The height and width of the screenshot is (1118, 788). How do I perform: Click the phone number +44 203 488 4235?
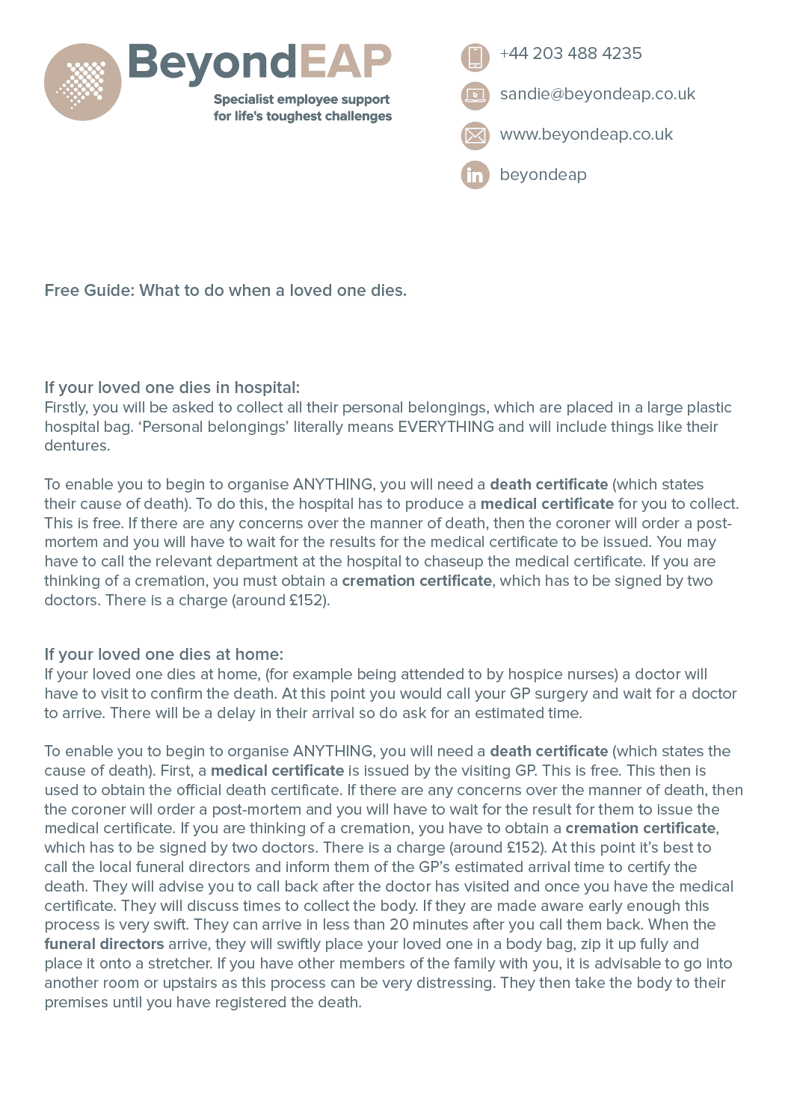click(570, 54)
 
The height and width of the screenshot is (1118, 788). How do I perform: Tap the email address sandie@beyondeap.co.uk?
click(597, 94)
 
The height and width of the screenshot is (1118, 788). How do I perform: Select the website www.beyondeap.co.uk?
click(586, 135)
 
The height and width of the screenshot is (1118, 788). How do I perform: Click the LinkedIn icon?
click(475, 175)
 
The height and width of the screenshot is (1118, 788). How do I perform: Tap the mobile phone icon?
click(475, 57)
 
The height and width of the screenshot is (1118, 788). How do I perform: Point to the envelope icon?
click(475, 135)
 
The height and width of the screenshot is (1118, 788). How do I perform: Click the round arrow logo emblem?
click(82, 81)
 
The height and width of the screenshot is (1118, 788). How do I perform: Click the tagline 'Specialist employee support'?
click(301, 99)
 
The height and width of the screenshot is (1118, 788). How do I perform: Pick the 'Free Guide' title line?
click(225, 291)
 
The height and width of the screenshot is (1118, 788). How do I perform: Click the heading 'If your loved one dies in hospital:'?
click(172, 388)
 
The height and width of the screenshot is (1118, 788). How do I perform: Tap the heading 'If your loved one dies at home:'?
click(164, 655)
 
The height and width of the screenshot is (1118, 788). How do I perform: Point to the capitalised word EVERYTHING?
click(446, 427)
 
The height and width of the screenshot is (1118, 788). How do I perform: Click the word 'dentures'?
click(76, 446)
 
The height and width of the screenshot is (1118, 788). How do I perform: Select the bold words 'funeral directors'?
click(104, 945)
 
